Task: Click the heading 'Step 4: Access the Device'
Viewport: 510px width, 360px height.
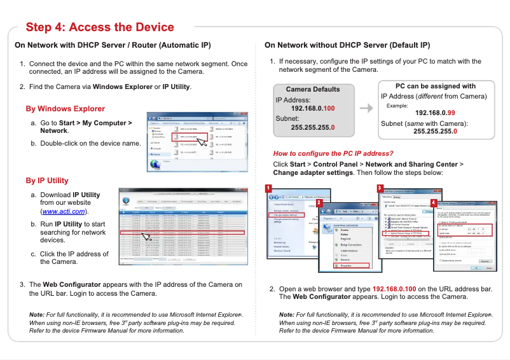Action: click(100, 27)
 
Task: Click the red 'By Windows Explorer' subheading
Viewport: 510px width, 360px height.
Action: click(65, 109)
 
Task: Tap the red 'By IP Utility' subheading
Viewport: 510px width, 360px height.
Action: click(48, 181)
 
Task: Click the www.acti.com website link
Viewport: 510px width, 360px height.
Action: click(64, 211)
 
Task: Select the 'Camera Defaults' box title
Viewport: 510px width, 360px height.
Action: click(313, 89)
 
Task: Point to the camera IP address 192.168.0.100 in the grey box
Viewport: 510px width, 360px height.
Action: click(313, 109)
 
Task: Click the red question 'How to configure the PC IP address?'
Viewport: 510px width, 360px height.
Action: click(333, 153)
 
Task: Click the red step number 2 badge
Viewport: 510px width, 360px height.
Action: click(319, 202)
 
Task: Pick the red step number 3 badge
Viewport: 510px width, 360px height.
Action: click(379, 188)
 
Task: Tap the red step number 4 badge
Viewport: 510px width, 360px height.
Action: click(434, 203)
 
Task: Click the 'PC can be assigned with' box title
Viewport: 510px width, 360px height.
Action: click(435, 86)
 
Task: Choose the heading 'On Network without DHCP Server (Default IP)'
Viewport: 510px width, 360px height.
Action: click(347, 46)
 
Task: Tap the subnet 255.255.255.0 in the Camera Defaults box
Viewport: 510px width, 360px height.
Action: click(313, 127)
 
